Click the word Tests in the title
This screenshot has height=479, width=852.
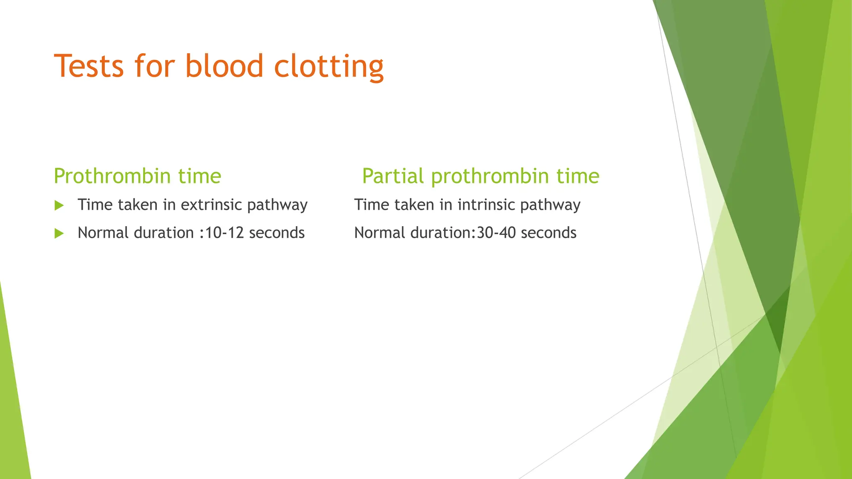click(89, 66)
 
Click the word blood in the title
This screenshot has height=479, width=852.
click(224, 66)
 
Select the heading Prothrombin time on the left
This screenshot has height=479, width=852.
click(137, 176)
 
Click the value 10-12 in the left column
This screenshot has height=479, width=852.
click(225, 233)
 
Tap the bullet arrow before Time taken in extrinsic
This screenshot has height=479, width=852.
click(59, 205)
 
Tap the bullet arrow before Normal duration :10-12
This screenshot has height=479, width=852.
click(59, 233)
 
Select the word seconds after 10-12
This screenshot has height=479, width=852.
click(277, 233)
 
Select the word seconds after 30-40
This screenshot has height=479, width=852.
click(548, 233)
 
